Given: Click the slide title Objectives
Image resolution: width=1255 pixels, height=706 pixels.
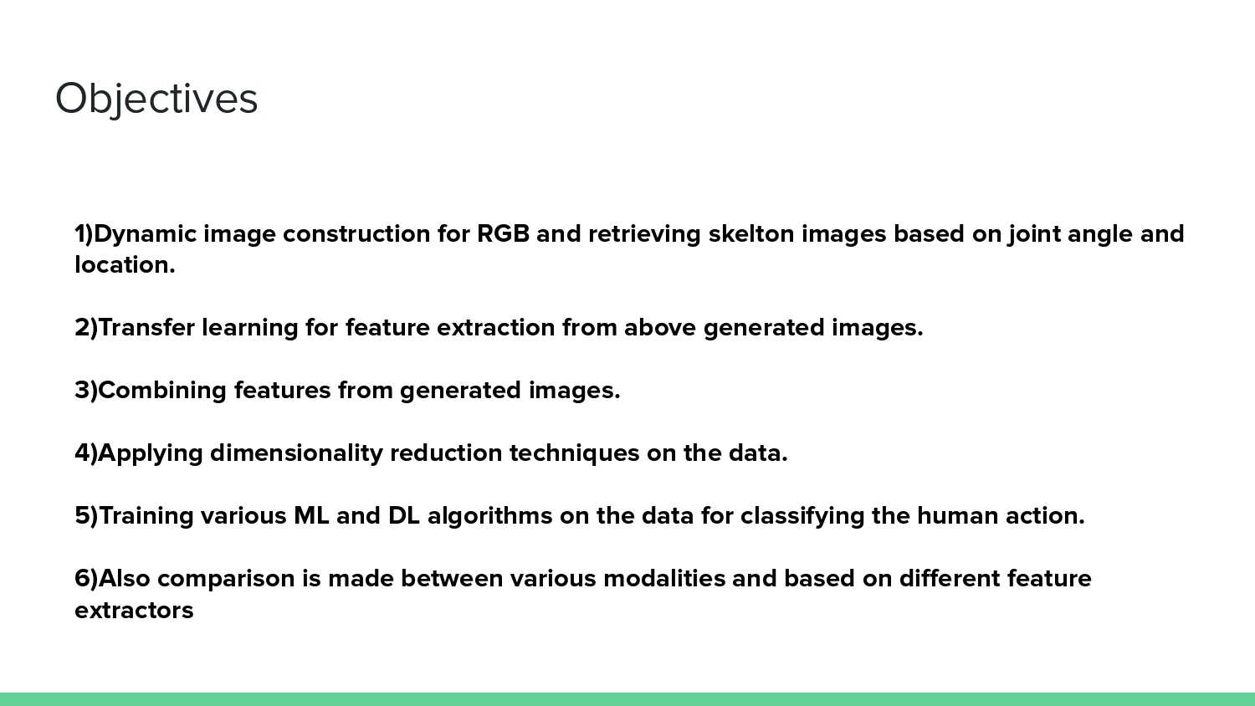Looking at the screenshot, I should click(x=156, y=99).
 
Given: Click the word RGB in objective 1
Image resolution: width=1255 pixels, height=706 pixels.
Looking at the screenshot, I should click(x=503, y=233).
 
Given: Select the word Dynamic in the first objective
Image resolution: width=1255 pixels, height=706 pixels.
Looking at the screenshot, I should click(x=145, y=233).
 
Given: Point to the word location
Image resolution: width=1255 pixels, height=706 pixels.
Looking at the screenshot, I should click(x=125, y=265).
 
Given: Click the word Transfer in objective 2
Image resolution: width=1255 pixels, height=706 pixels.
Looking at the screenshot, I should click(x=146, y=328).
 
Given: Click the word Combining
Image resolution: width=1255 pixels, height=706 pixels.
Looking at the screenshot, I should click(x=162, y=391).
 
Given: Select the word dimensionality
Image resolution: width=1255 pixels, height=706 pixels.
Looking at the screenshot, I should click(x=296, y=453).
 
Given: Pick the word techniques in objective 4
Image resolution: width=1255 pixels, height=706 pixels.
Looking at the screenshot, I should click(x=574, y=453).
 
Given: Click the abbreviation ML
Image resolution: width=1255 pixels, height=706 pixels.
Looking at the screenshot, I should click(x=311, y=516).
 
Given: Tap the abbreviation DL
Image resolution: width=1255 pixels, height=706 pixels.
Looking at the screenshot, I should click(x=403, y=516).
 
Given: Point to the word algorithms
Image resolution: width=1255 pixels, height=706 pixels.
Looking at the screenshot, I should click(x=489, y=516).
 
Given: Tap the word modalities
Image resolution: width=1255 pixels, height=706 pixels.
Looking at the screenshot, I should click(x=663, y=579).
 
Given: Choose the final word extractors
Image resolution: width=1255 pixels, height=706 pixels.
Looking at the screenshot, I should click(x=134, y=611).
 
